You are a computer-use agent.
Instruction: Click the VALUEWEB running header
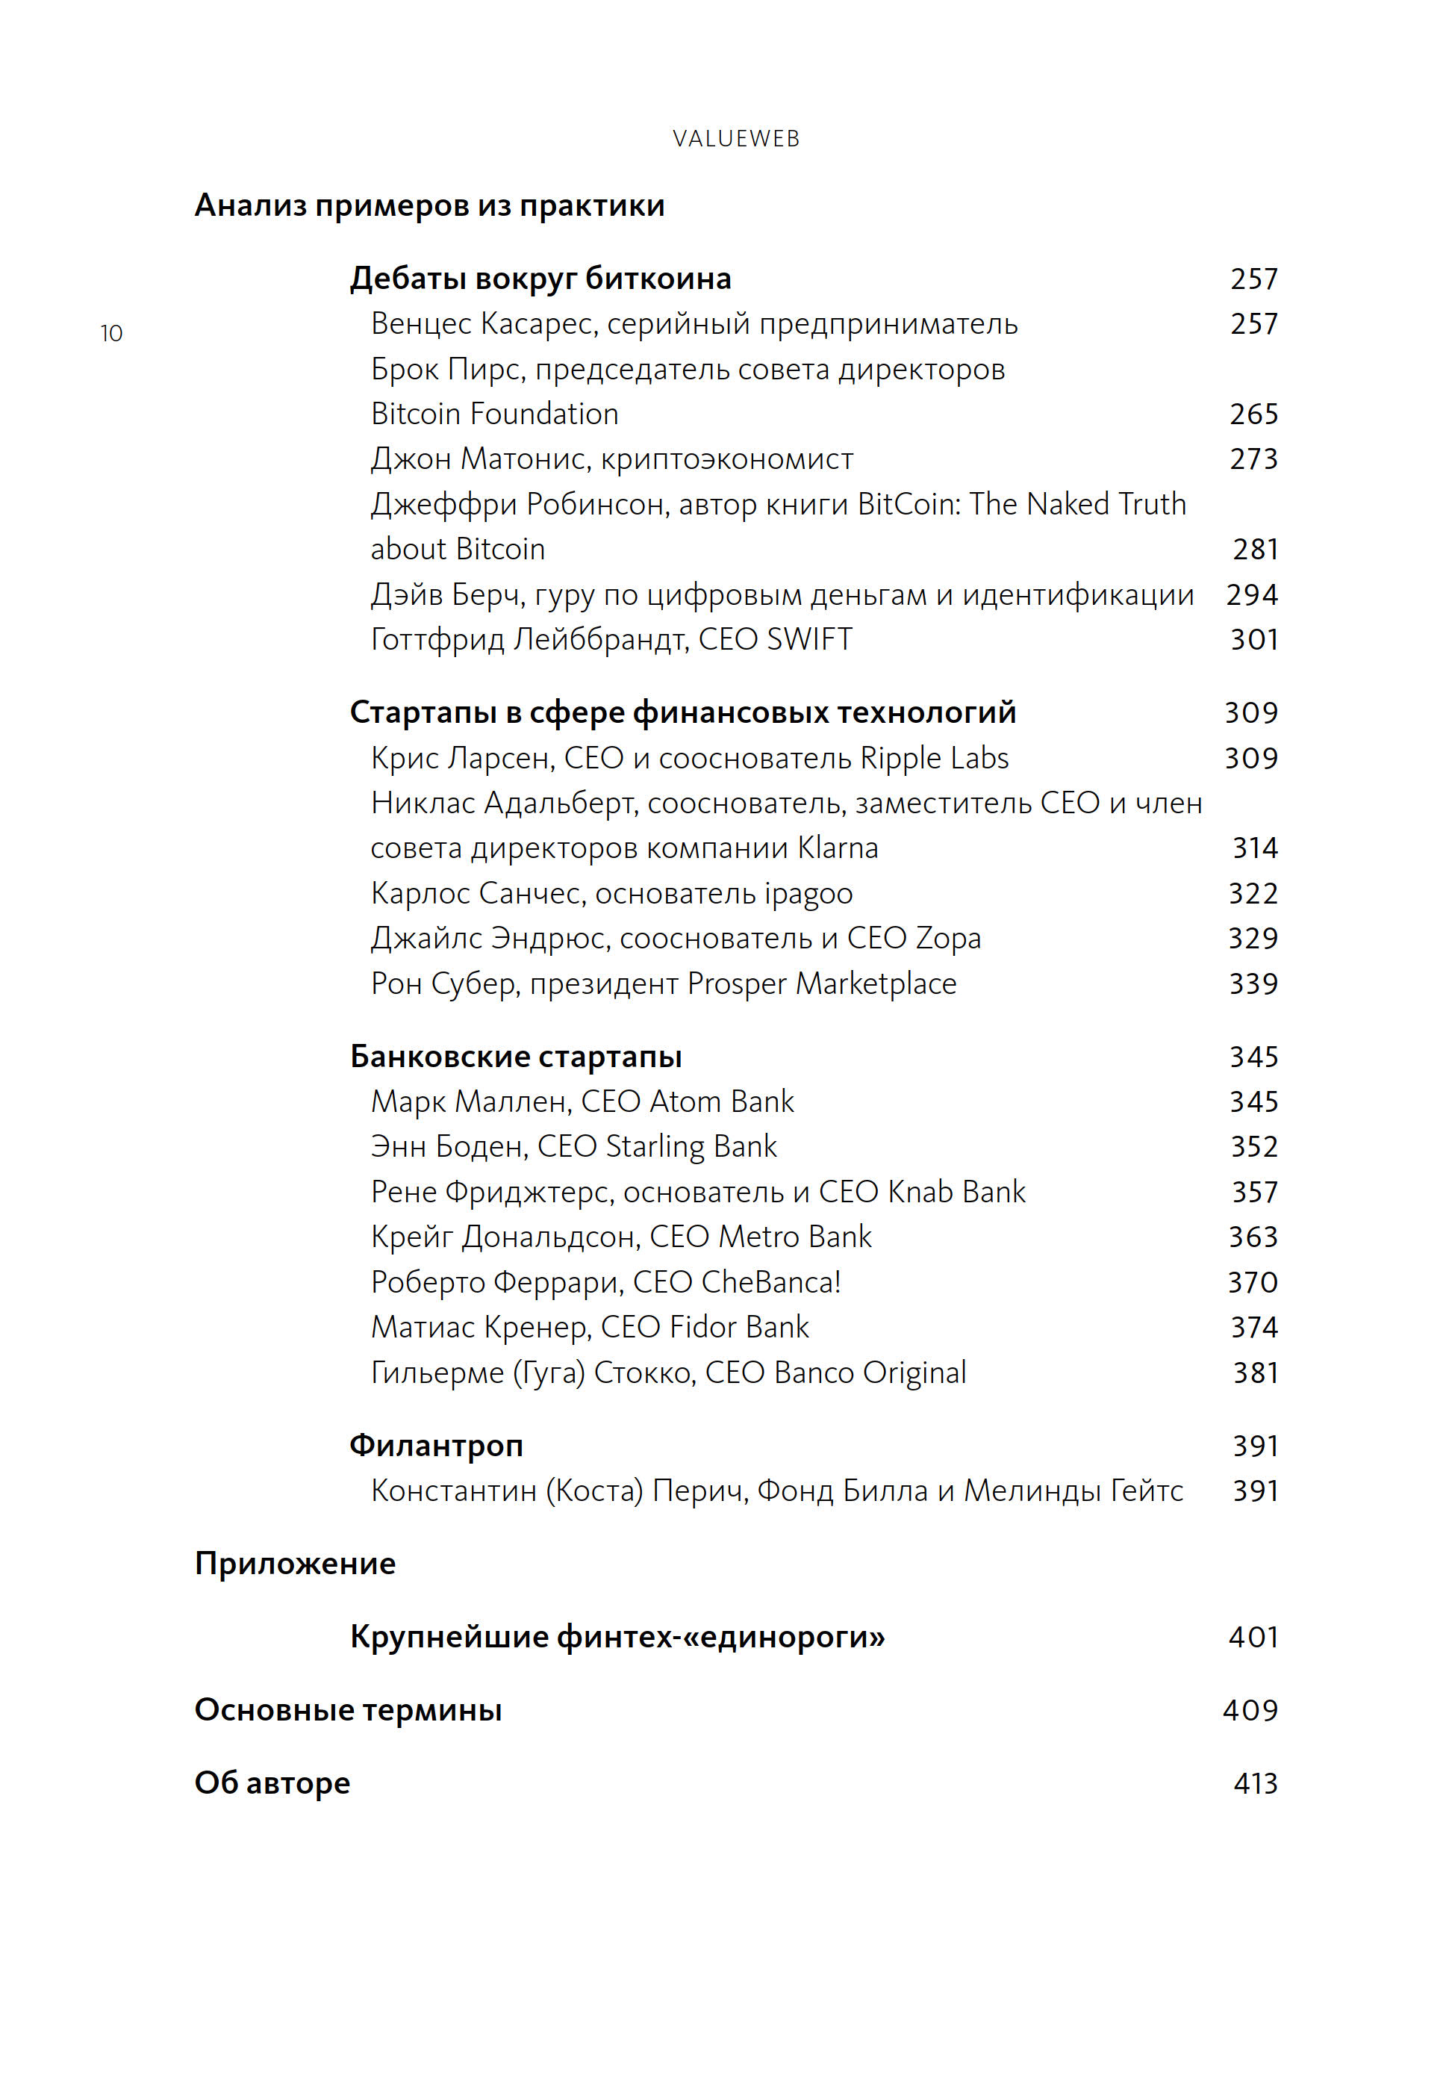point(735,138)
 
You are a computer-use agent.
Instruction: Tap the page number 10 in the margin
point(111,333)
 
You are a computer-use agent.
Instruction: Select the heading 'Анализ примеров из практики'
point(430,206)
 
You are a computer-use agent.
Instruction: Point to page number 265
point(1253,414)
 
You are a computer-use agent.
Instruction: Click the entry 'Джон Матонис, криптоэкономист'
point(612,459)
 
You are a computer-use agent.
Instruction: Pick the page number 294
point(1252,594)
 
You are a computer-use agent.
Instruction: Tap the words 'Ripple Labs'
point(934,757)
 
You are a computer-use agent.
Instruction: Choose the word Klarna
point(838,848)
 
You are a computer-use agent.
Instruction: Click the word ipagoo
point(808,893)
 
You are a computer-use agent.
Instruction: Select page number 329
point(1253,938)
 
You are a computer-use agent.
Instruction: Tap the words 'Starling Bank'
point(691,1147)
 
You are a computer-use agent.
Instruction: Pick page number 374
point(1253,1327)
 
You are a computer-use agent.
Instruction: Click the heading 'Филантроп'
point(436,1446)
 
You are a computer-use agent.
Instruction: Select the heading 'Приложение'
point(295,1564)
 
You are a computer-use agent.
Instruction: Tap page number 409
point(1250,1710)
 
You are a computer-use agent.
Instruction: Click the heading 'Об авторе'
point(272,1783)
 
